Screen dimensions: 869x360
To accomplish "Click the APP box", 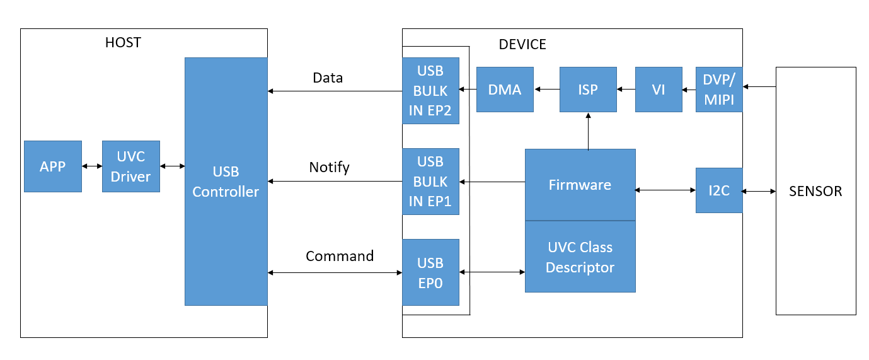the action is pyautogui.click(x=53, y=166).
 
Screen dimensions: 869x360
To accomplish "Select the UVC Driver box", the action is pyautogui.click(x=131, y=166).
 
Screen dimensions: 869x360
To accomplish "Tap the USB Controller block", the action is pyautogui.click(x=226, y=182).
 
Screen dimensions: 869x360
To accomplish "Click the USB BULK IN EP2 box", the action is pyautogui.click(x=430, y=91).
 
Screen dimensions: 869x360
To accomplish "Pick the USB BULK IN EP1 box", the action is pyautogui.click(x=430, y=182).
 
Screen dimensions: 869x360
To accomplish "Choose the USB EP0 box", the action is pyautogui.click(x=430, y=272).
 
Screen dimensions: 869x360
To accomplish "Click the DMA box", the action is pyautogui.click(x=505, y=90).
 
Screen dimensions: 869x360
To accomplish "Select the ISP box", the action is pyautogui.click(x=588, y=90).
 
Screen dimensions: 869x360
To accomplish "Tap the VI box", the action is pyautogui.click(x=659, y=90).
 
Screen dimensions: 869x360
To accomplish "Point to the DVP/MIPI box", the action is pyautogui.click(x=719, y=90).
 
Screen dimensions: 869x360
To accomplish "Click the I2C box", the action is pyautogui.click(x=719, y=190).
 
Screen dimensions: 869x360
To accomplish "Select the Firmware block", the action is pyautogui.click(x=580, y=185).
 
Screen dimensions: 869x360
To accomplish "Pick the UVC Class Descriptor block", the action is pyautogui.click(x=580, y=257).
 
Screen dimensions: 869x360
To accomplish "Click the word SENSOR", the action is pyautogui.click(x=815, y=191).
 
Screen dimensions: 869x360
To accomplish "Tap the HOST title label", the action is pyautogui.click(x=123, y=42).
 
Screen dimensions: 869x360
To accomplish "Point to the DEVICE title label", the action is pyautogui.click(x=522, y=44).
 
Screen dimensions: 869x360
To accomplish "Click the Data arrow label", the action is pyautogui.click(x=328, y=78).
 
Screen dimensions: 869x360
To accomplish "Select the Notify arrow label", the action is pyautogui.click(x=330, y=167).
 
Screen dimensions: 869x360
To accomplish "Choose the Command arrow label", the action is pyautogui.click(x=340, y=256).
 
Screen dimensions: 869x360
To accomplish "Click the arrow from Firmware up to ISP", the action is pyautogui.click(x=588, y=131).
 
